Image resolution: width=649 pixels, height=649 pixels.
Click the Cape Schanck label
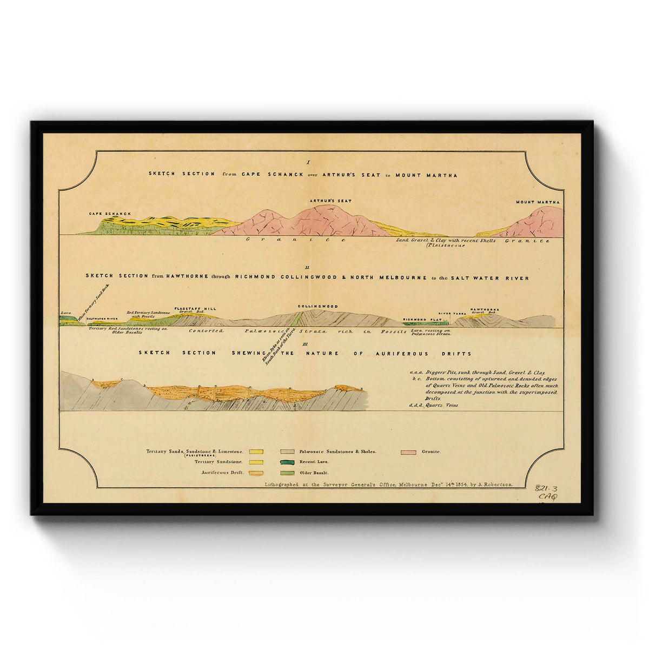(110, 214)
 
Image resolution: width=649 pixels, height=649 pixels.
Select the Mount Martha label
(538, 202)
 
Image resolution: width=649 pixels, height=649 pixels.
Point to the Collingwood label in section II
(317, 306)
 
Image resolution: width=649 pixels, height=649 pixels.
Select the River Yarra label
(452, 313)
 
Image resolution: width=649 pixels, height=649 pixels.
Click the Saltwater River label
(102, 319)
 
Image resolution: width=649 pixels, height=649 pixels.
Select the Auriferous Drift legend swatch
(256, 473)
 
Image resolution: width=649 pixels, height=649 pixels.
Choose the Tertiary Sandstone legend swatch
(256, 462)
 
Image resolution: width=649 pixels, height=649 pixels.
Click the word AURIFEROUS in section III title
(403, 354)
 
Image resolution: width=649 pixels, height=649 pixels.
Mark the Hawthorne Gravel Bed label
(484, 311)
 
